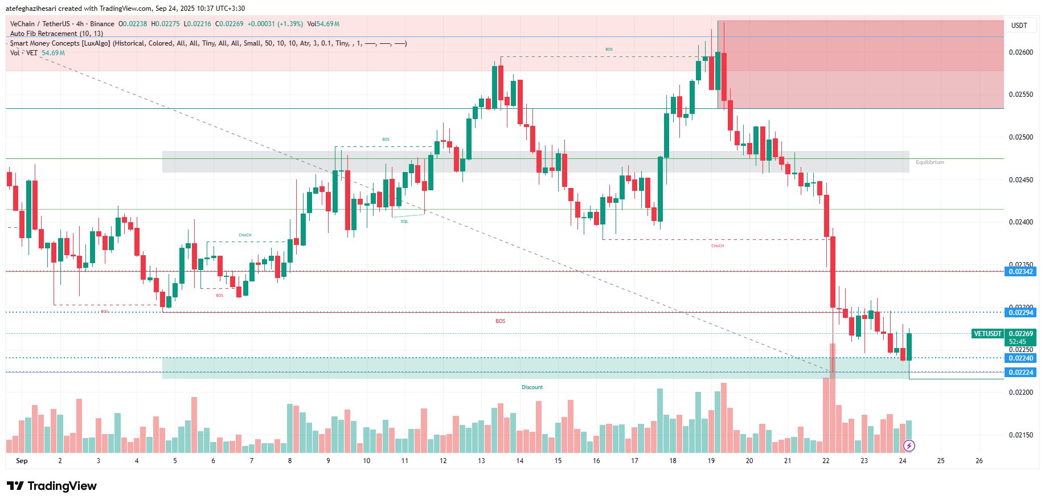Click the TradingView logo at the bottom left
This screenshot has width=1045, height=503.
tap(52, 486)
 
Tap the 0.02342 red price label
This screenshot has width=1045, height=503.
tap(1021, 272)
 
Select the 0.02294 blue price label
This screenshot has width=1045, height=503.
tap(1021, 313)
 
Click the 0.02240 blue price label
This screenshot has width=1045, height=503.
tap(1021, 358)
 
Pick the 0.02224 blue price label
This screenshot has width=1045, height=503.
tap(1021, 373)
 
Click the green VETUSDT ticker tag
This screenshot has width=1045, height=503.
tap(987, 334)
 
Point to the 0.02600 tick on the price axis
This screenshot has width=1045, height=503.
tap(1021, 52)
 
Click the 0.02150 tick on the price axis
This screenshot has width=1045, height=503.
tap(1021, 435)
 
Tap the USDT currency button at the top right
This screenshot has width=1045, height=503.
tap(1019, 26)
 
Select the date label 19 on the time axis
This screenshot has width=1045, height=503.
tap(711, 461)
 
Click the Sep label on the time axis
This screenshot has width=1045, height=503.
tap(22, 461)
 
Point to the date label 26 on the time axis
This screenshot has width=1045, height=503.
tap(979, 461)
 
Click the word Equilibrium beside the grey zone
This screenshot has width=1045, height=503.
tap(929, 162)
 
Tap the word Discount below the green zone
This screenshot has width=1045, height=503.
tap(532, 387)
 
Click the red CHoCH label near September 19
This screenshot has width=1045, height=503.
tap(718, 246)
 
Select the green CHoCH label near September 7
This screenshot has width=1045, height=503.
tap(245, 235)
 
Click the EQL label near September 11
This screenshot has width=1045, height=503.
tap(404, 222)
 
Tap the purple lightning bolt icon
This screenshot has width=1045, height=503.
tap(909, 445)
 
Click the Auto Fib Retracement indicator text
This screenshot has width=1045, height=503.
tap(56, 34)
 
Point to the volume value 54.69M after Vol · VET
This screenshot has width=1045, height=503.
tap(53, 53)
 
